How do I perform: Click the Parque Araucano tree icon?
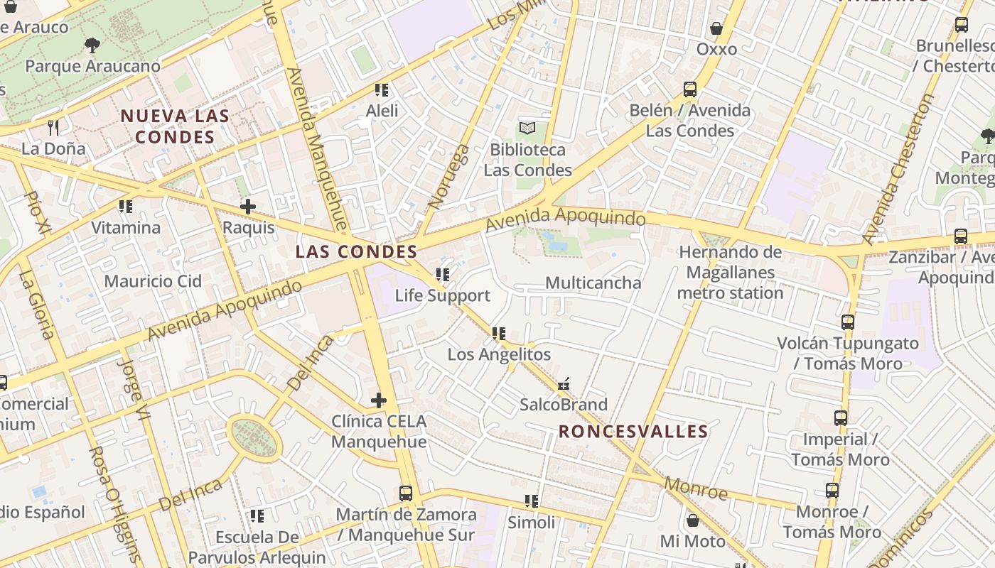point(92,46)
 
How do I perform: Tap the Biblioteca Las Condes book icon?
point(527,129)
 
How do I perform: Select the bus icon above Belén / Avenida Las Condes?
point(689,89)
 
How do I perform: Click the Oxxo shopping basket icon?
point(716,29)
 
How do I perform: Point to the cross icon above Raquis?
point(248,207)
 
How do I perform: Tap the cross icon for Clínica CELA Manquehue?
point(379,400)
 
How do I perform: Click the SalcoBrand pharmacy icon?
point(564,384)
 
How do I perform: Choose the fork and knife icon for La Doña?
point(53,128)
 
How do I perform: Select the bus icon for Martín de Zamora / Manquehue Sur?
point(405,493)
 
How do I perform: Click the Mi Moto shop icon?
point(692,520)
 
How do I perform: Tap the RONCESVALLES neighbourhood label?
point(633,432)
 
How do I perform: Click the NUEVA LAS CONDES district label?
point(175,126)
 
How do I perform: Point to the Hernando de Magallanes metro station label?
point(730,273)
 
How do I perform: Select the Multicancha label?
point(593,283)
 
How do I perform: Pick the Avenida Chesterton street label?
point(896,170)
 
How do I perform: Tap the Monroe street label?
point(696,488)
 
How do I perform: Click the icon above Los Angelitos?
point(498,333)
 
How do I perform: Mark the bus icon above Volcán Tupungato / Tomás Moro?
point(847,322)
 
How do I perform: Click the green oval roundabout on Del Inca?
point(254,437)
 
